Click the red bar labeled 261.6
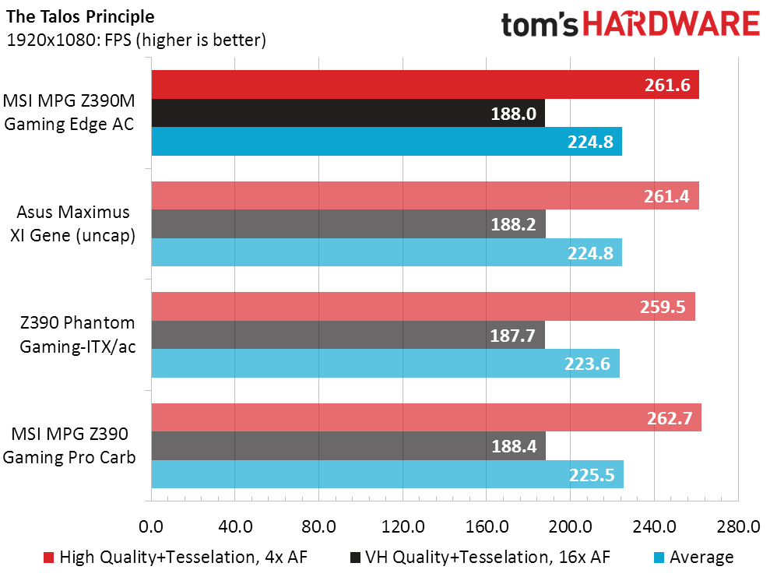[424, 85]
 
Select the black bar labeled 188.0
[347, 114]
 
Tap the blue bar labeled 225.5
[387, 474]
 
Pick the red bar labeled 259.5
[423, 307]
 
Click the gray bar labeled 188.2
[348, 224]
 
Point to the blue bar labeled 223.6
[385, 364]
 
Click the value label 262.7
[670, 418]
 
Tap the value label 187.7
[514, 336]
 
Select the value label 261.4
[668, 196]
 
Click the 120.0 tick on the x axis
[402, 527]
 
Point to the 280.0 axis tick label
[737, 527]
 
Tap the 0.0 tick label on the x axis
[150, 527]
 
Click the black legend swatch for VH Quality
[356, 557]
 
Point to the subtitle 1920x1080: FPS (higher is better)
[136, 40]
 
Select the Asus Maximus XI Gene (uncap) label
[72, 224]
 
